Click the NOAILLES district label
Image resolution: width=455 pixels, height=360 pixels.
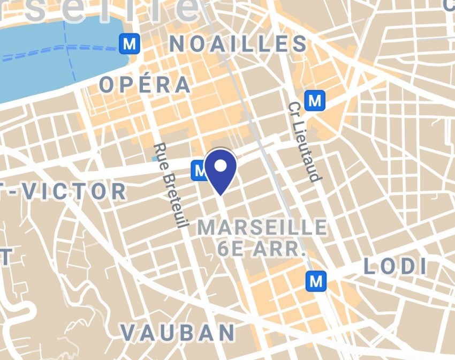238,44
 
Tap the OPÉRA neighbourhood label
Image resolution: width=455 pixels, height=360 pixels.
145,85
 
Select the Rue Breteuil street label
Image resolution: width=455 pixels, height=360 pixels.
171,185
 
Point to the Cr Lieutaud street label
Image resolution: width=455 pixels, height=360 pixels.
303,142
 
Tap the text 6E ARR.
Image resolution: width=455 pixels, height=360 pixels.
262,249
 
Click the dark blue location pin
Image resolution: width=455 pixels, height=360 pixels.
220,170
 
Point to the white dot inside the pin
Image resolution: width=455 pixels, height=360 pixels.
220,164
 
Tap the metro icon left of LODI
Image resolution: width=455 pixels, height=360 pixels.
316,280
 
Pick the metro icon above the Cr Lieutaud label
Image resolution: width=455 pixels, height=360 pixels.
314,100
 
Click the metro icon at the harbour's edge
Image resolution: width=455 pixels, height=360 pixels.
129,44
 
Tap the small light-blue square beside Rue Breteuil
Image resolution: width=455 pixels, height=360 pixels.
155,159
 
